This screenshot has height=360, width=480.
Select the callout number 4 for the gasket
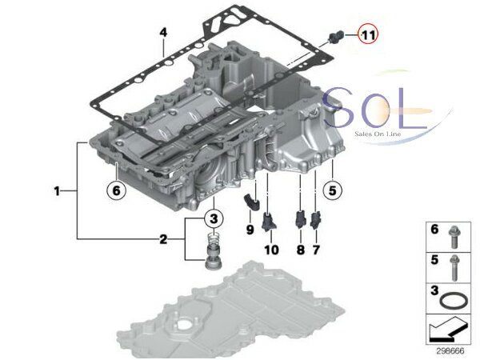pos(164,33)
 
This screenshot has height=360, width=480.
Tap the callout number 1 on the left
pos(57,191)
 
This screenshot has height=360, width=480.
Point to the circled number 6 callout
pos(116,190)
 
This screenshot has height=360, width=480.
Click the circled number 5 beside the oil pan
pos(333,190)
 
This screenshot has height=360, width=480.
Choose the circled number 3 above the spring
pos(214,218)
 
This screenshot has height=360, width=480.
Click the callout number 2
pos(163,239)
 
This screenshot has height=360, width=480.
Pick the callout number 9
pos(250,230)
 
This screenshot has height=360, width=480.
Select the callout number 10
pos(271,250)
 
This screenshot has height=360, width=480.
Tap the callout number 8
pos(301,250)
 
